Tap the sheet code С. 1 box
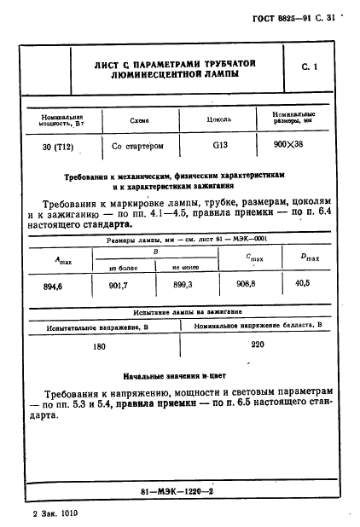[x=309, y=66]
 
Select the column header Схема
[x=139, y=120]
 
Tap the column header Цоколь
[x=219, y=120]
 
